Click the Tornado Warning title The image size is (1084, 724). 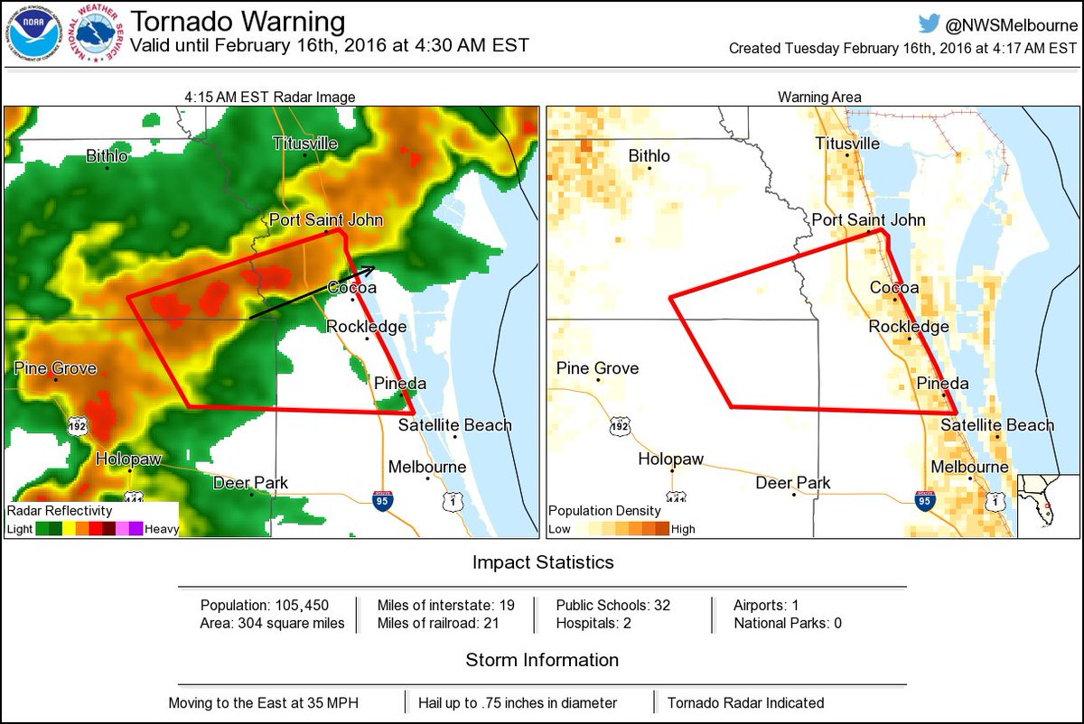coord(238,22)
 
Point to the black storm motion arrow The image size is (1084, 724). coord(312,292)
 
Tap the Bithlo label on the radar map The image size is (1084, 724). coord(107,157)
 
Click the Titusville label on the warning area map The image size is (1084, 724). coord(847,144)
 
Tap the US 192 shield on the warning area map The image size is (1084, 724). coord(619,425)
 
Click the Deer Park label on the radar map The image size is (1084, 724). coord(250,483)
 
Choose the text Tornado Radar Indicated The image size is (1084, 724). coord(745,702)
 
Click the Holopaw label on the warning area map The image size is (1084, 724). coord(670,459)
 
